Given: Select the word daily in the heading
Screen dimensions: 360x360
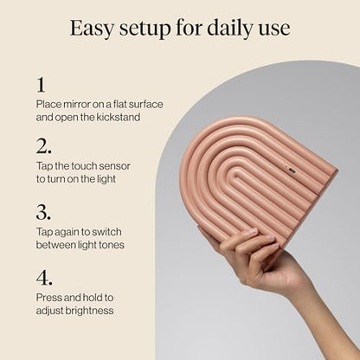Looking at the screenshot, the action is coord(229,28).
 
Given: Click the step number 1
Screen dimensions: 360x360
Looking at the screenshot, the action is coord(41,85).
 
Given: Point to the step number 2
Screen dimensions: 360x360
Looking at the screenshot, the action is coord(44,146).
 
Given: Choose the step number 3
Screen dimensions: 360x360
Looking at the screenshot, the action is coord(43,212).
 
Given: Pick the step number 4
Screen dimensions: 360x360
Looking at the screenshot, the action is coord(44,278).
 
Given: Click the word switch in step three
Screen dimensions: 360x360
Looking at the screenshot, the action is coord(106,232).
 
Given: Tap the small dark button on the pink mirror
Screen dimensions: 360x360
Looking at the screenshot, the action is coord(292,170).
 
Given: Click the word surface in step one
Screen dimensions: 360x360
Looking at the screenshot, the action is coord(145,104).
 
